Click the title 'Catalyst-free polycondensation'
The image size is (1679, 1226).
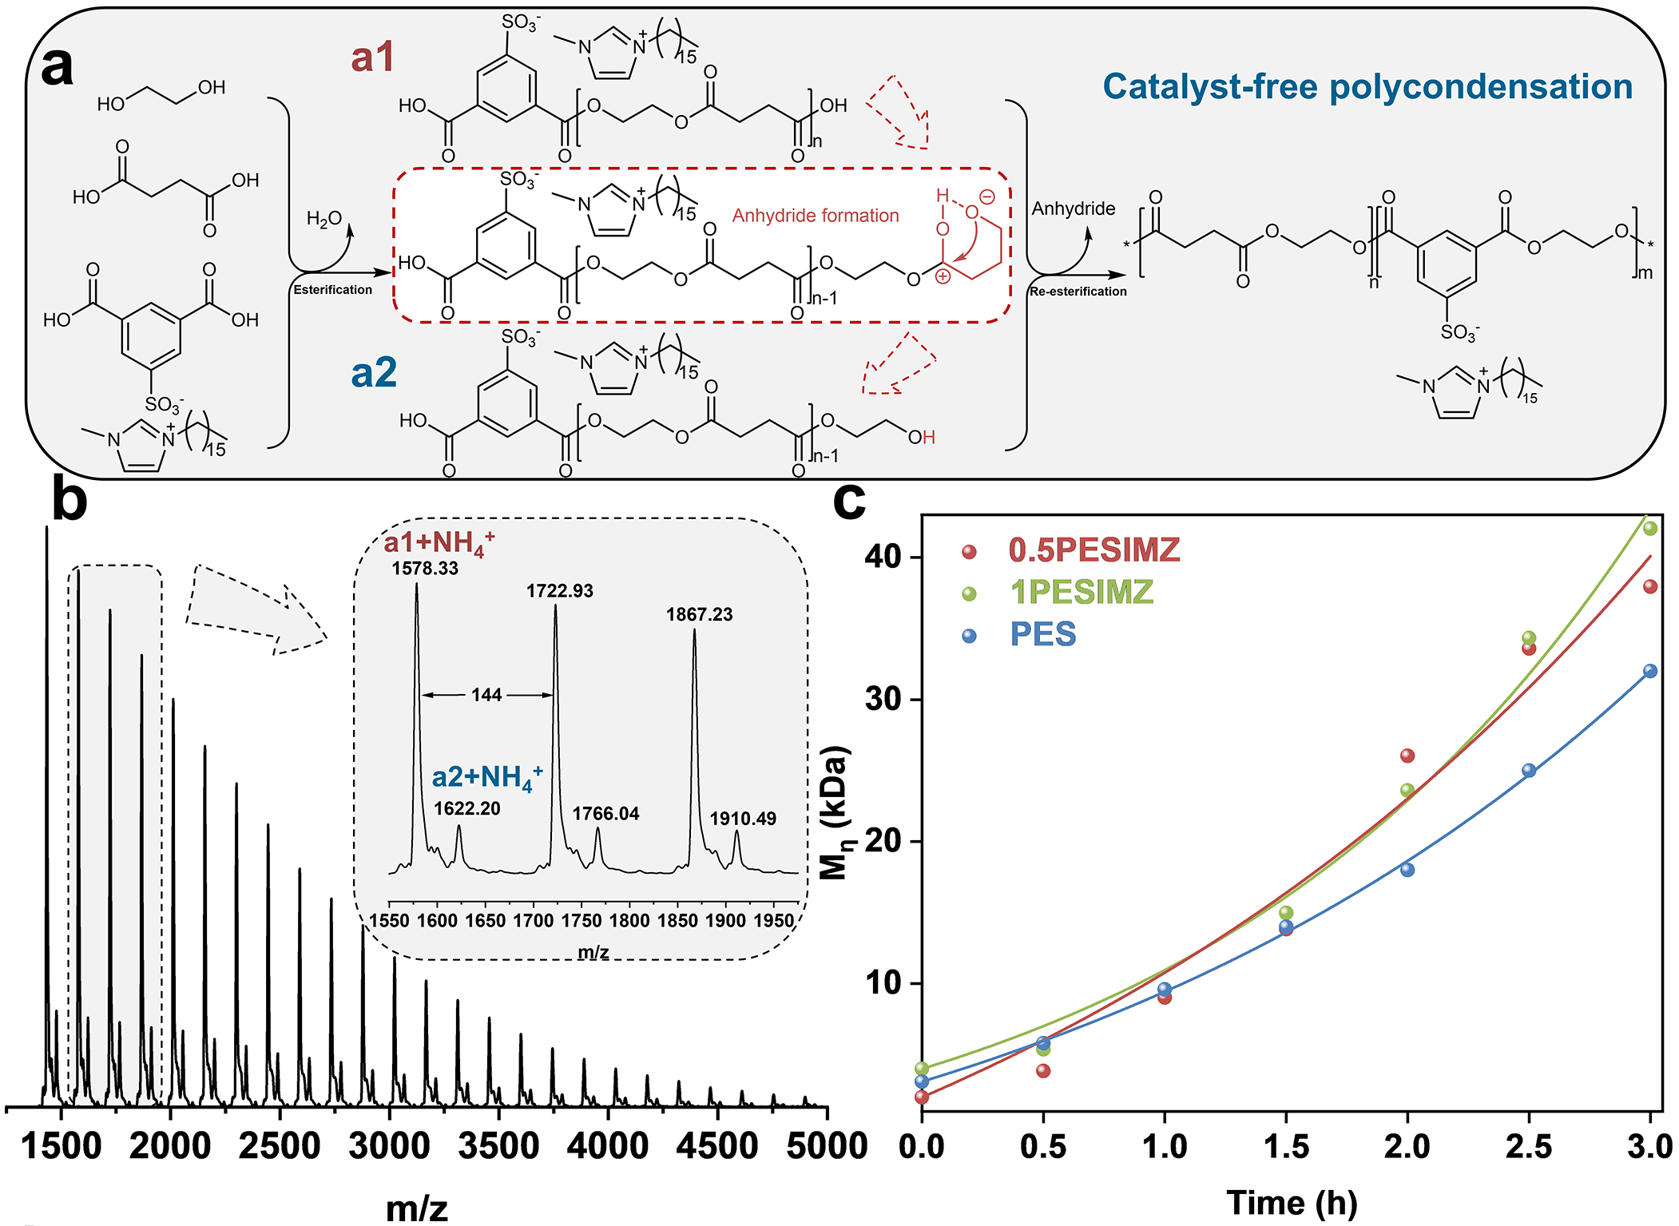(1367, 86)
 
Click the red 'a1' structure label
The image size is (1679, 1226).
(372, 58)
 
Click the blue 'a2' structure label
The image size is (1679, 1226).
(374, 373)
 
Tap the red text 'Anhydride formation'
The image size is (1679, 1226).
(816, 216)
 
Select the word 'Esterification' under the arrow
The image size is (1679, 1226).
(332, 290)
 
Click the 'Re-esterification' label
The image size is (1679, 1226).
(1078, 292)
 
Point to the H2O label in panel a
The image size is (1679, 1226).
(323, 219)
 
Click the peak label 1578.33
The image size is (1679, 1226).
(425, 569)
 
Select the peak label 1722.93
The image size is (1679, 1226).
(559, 591)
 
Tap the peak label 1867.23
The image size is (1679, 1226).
(699, 614)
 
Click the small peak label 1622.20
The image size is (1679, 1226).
(466, 808)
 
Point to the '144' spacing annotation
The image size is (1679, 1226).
(486, 695)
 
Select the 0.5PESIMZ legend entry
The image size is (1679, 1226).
(1094, 550)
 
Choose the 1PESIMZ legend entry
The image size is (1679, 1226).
(1082, 593)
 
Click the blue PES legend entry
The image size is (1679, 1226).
(1042, 635)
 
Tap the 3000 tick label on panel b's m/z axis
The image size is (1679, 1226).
(389, 1146)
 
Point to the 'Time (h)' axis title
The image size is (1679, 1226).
(1292, 1202)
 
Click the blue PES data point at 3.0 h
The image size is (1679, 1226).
(1650, 671)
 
